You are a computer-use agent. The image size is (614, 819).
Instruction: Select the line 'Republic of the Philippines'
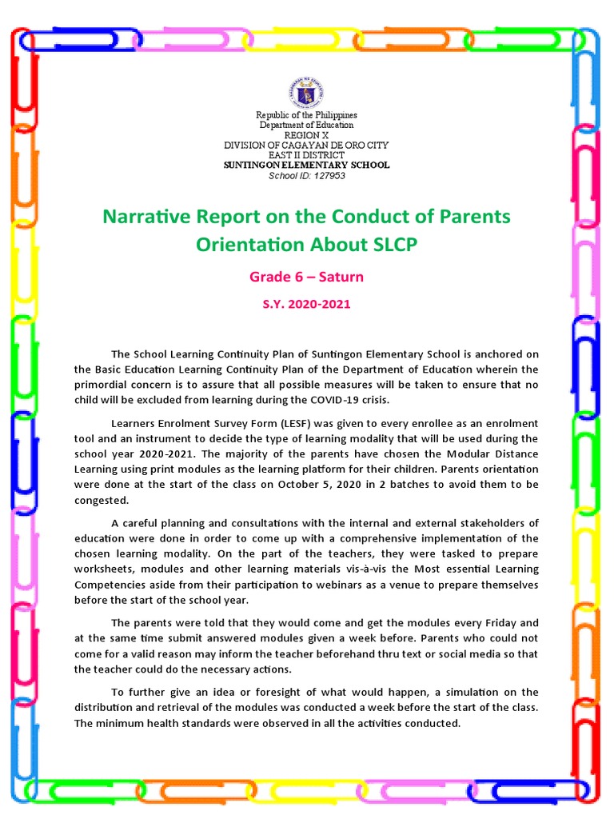point(307,116)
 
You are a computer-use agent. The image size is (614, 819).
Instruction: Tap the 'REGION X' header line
point(307,135)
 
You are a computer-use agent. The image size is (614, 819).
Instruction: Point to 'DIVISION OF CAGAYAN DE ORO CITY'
point(307,145)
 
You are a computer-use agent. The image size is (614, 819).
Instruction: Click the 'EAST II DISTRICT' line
point(307,154)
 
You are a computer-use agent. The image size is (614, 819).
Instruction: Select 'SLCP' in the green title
point(391,245)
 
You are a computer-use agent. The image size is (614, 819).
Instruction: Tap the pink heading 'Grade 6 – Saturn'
point(307,277)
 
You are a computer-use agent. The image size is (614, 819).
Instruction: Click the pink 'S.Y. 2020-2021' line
point(307,304)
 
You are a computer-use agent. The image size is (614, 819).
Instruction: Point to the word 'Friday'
point(498,622)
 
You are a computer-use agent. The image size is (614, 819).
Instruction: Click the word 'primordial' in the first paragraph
point(103,384)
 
